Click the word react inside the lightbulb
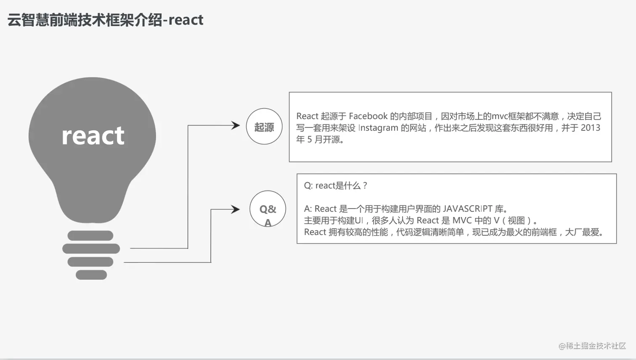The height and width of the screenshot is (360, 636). [93, 135]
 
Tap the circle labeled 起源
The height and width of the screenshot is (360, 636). [264, 127]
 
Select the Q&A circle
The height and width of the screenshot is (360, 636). [268, 209]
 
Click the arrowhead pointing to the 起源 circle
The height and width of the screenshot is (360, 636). [236, 125]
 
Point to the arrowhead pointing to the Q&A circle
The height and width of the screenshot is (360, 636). [236, 209]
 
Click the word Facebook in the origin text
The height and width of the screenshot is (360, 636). [368, 116]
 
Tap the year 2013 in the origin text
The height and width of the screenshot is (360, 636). [590, 128]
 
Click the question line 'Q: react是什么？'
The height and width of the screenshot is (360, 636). [336, 185]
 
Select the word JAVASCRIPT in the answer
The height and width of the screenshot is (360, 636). [467, 209]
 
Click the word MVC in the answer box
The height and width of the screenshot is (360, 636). [462, 220]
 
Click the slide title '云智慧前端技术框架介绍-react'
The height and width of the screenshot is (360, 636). [105, 20]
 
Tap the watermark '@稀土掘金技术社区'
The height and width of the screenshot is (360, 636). [592, 346]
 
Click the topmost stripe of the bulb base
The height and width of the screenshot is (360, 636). [90, 236]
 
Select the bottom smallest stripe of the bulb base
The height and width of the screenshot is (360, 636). [91, 275]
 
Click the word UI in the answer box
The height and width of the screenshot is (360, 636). [359, 220]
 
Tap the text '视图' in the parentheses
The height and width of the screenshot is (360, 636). [516, 220]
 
